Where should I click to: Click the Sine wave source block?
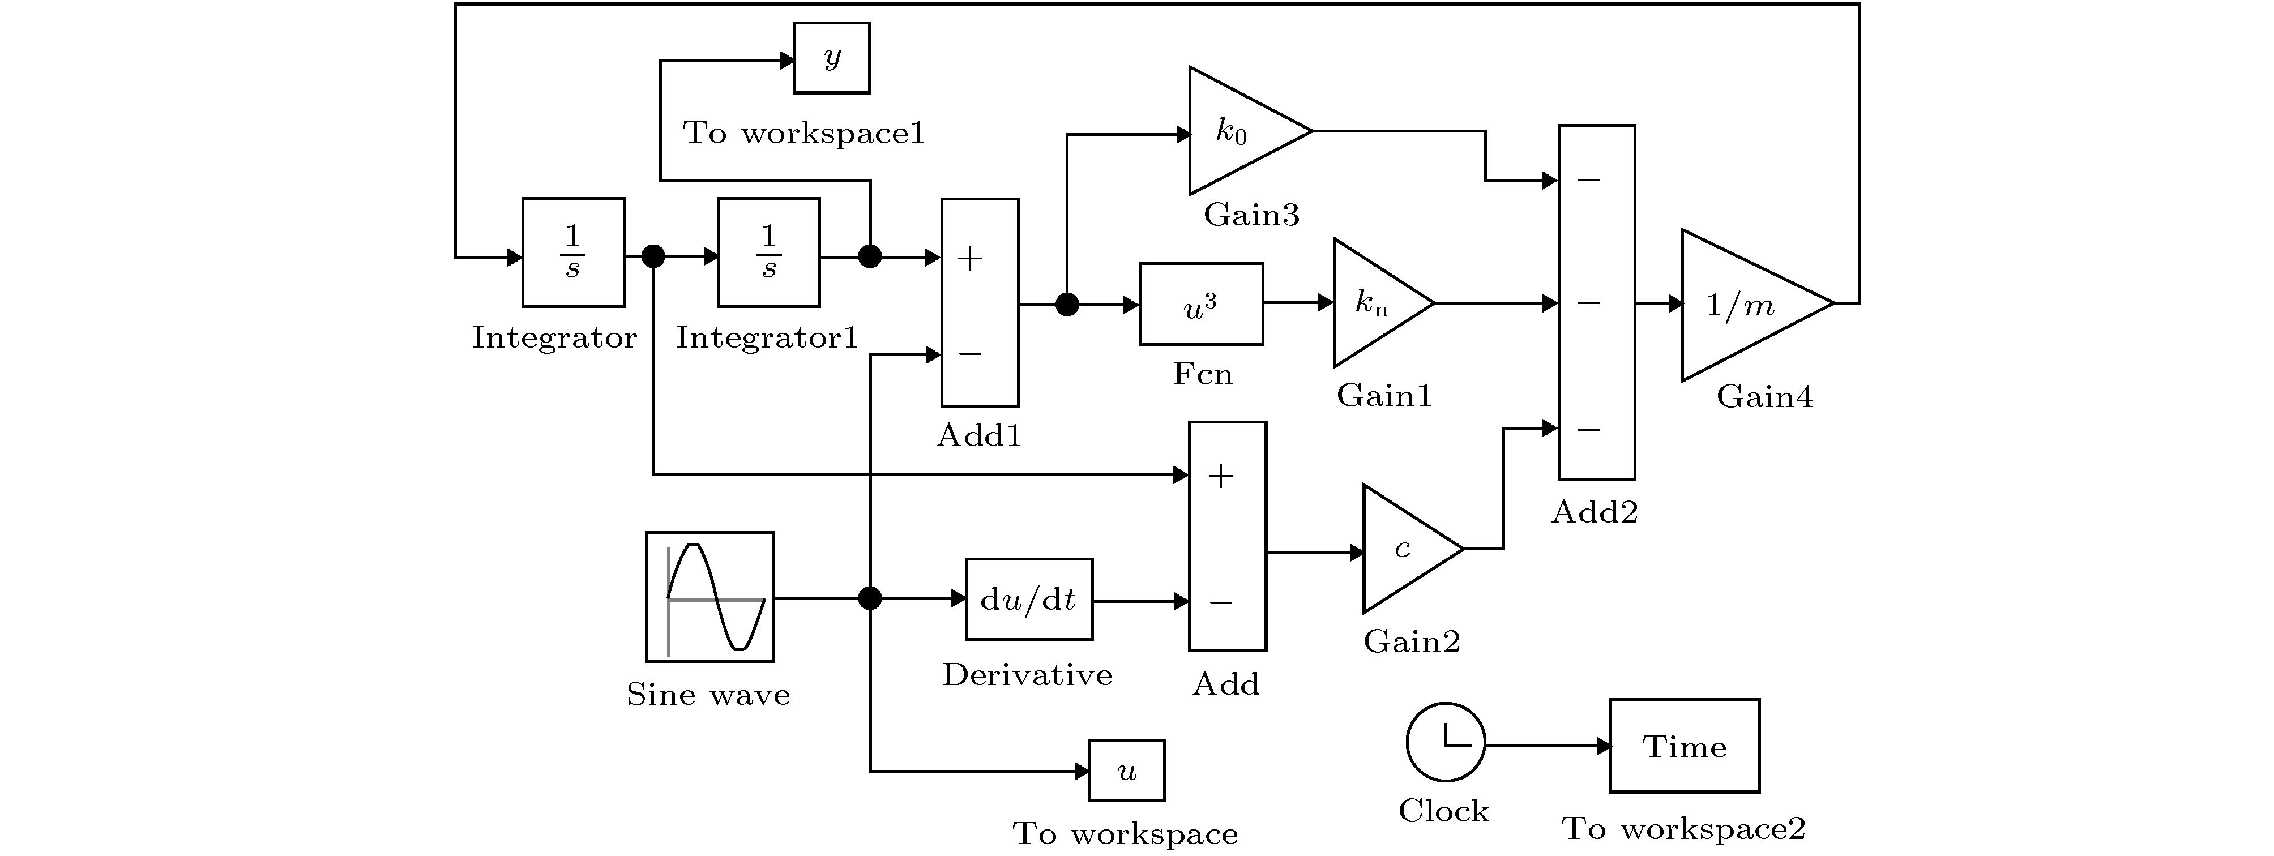tap(709, 597)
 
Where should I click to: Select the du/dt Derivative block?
tap(1028, 599)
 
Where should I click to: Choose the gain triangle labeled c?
tap(1404, 548)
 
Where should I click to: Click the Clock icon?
tap(1445, 742)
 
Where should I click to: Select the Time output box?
tap(1683, 746)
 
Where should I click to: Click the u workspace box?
tap(1126, 771)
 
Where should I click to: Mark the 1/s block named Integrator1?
tap(768, 252)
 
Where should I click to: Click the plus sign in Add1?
tap(970, 259)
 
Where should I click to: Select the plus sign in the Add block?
tap(1221, 477)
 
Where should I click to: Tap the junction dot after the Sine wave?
tap(870, 598)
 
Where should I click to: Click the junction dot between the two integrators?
tap(652, 257)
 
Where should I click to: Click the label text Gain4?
tap(1764, 397)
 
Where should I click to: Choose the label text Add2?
tap(1595, 512)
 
